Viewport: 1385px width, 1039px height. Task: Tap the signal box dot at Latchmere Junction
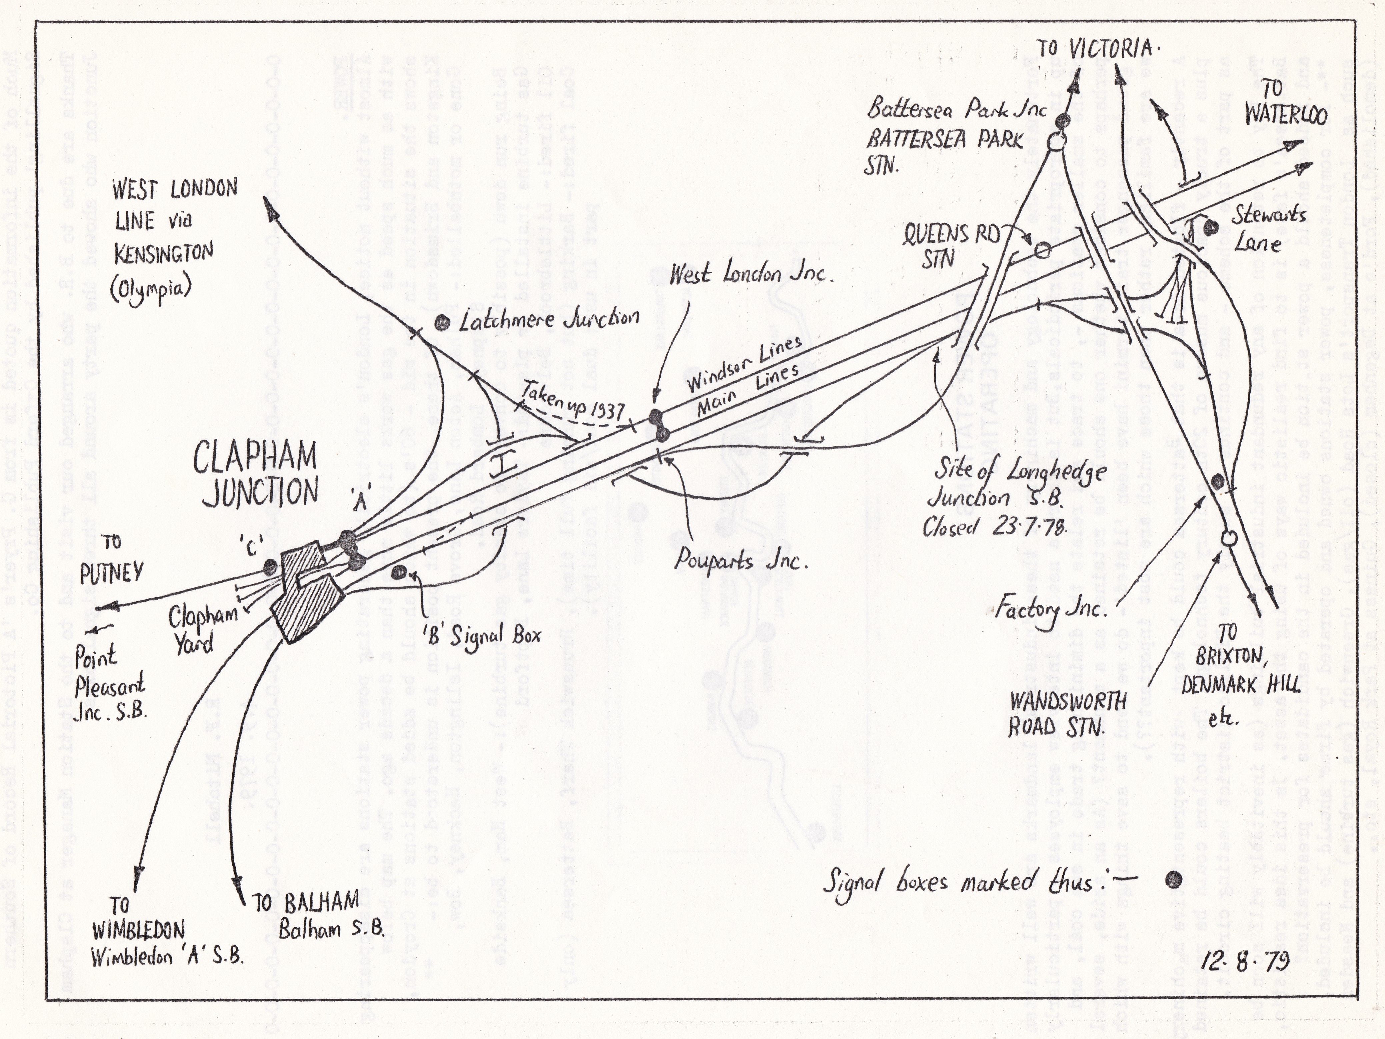[x=443, y=322]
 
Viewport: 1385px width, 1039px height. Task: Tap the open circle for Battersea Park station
[x=1054, y=141]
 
